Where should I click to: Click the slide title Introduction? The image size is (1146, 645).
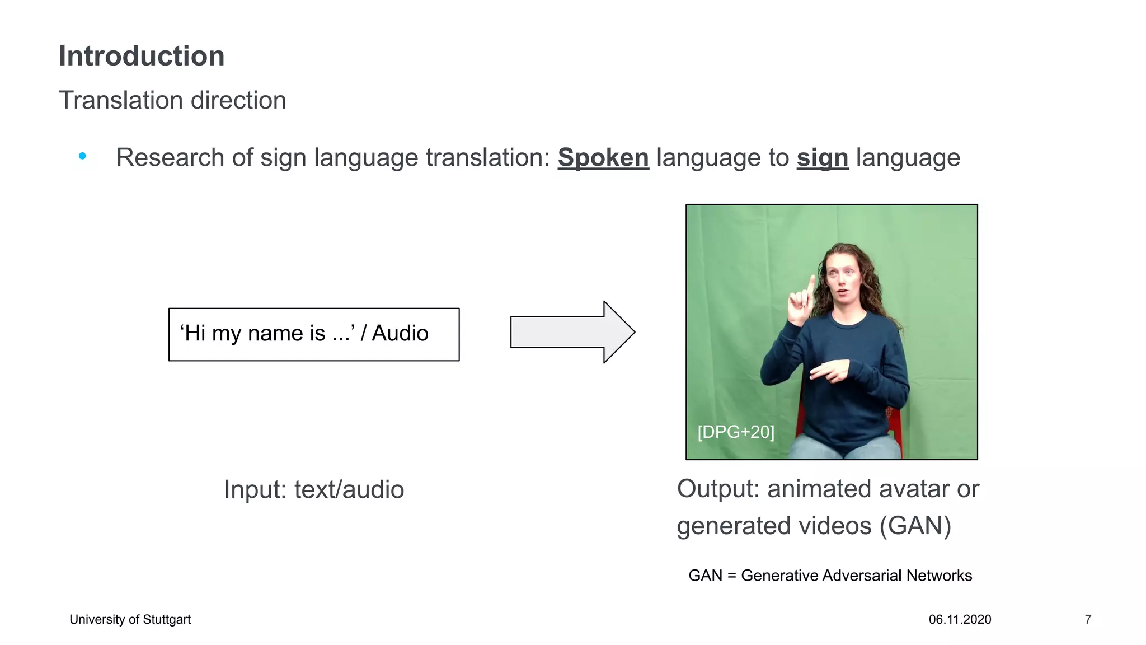tap(142, 57)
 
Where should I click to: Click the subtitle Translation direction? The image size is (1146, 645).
tap(172, 101)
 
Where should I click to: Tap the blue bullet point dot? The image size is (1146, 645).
tap(83, 156)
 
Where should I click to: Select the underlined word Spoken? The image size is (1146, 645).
tap(603, 158)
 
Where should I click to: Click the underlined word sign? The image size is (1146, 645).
tap(822, 158)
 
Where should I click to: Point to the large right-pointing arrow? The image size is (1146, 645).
tap(572, 332)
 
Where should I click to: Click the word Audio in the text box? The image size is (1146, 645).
tap(400, 333)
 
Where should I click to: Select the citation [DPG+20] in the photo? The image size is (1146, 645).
tap(736, 432)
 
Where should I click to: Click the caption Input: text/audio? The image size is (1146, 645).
tap(314, 489)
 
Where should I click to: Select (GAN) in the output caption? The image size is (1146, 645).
tap(915, 526)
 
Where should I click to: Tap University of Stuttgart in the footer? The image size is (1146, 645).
tap(130, 619)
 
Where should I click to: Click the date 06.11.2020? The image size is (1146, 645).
tap(960, 619)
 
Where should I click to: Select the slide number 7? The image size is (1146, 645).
tap(1088, 619)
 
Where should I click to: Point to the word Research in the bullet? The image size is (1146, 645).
tap(170, 158)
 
